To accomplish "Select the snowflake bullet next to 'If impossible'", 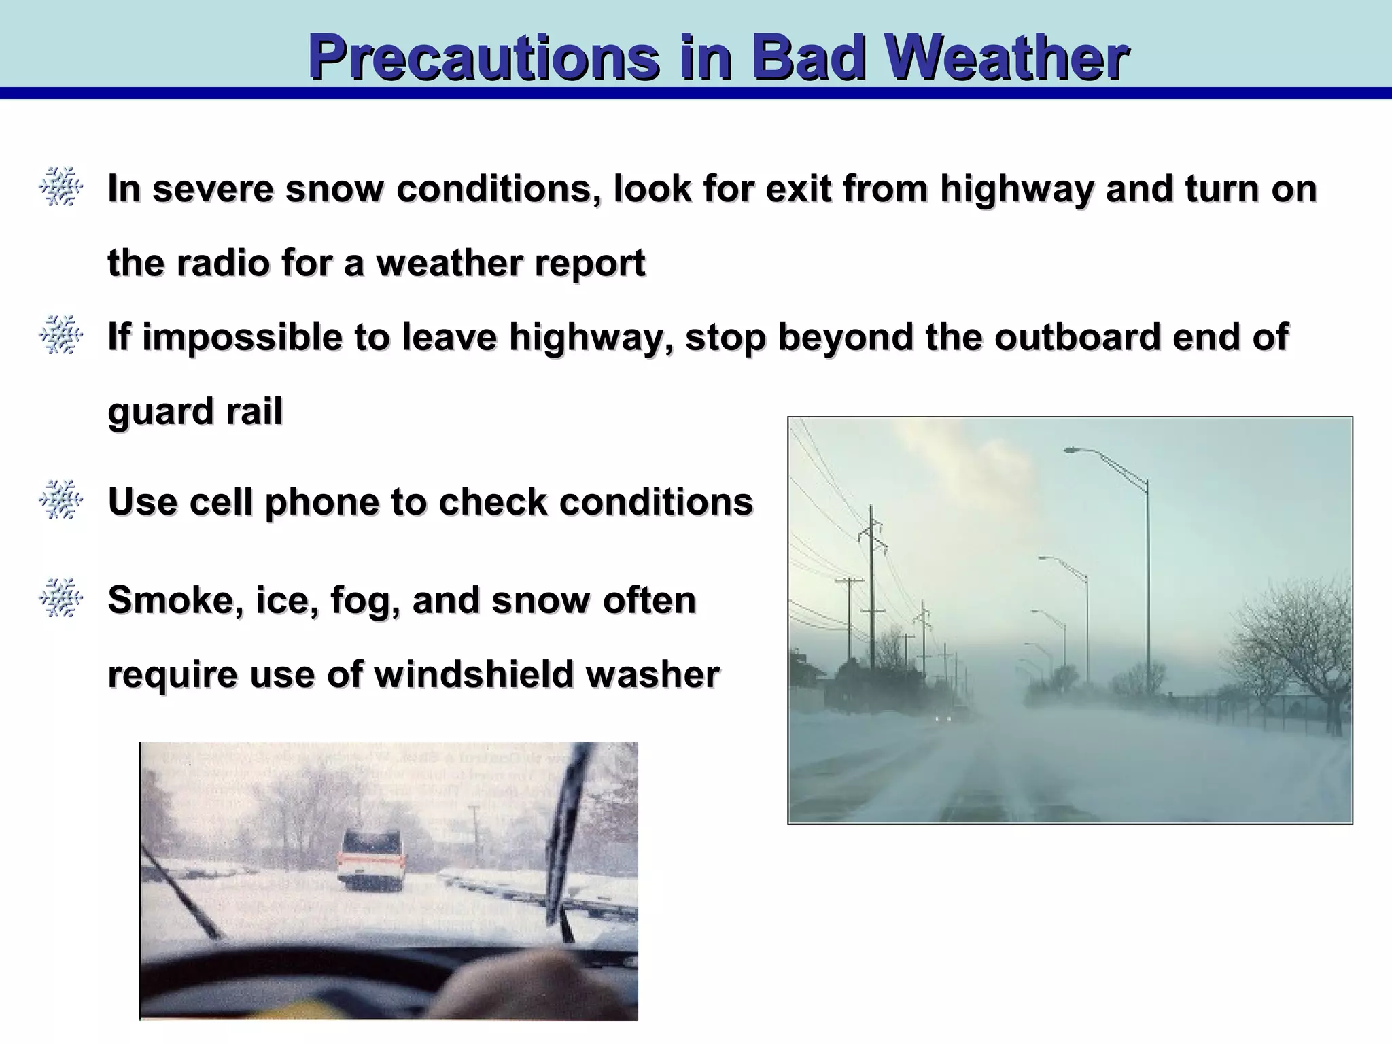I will [x=60, y=336].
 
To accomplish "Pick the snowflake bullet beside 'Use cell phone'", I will [x=60, y=501].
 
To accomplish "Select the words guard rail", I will [x=194, y=412].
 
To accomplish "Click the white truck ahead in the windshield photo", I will [x=371, y=858].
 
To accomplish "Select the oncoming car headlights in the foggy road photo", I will [x=944, y=718].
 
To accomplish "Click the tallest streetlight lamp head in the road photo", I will [x=1073, y=450].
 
